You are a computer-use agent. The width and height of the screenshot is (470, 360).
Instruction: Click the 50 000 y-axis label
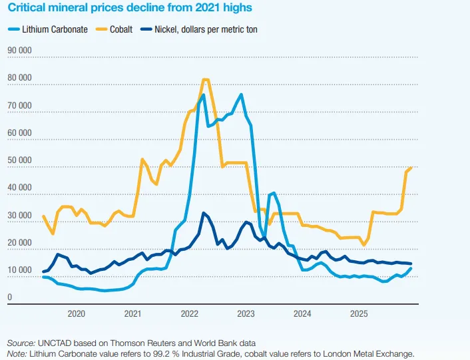click(19, 160)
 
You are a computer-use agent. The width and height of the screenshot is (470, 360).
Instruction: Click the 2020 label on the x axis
click(76, 313)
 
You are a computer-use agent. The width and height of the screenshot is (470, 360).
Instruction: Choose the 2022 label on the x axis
click(189, 313)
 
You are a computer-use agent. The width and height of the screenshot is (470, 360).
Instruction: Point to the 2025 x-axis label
click(359, 313)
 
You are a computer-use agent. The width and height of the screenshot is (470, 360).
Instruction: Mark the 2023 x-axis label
click(246, 313)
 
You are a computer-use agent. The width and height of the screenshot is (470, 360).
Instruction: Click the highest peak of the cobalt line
click(205, 79)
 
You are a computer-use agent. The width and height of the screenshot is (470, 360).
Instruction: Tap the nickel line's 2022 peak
click(204, 213)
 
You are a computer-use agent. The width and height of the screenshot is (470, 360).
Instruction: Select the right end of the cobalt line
click(411, 167)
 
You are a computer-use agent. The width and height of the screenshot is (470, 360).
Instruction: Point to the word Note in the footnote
click(15, 353)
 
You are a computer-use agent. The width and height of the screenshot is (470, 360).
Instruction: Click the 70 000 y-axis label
click(19, 105)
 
